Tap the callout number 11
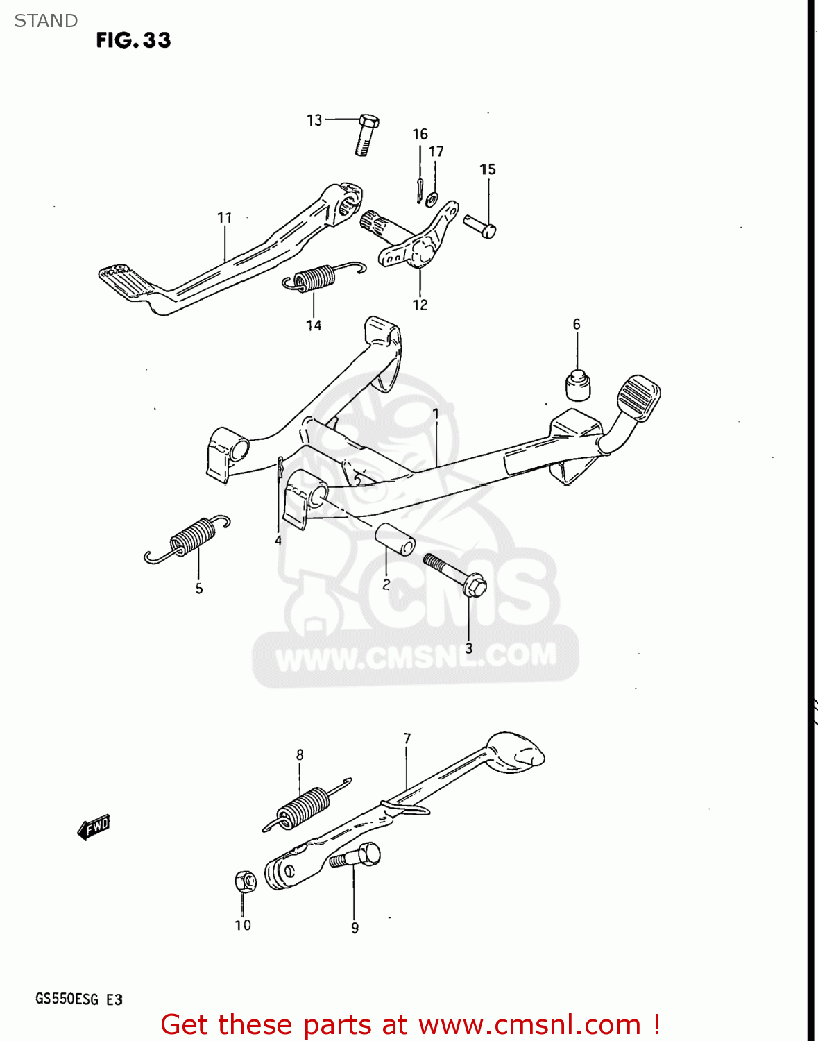224,218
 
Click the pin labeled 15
480,226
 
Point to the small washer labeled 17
432,200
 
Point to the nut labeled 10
245,881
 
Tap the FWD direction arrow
94,827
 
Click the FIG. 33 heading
133,40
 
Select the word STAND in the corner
46,21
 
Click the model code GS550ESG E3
79,999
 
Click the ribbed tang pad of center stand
638,397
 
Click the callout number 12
420,305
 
